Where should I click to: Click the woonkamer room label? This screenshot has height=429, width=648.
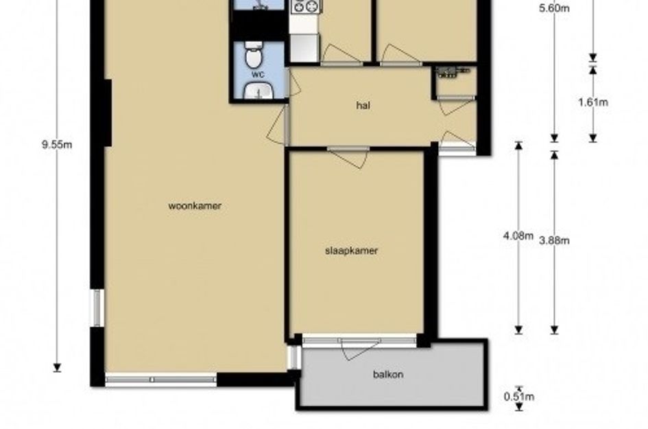click(195, 206)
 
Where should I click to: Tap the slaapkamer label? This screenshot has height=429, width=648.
click(351, 251)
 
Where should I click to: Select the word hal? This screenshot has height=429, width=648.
click(363, 106)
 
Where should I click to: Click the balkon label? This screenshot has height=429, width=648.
click(388, 375)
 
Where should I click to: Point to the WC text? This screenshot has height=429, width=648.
click(258, 75)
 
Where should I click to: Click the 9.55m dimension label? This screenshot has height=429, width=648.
click(57, 145)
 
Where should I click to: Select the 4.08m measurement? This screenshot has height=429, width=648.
click(518, 236)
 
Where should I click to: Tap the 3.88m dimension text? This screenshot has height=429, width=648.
click(554, 240)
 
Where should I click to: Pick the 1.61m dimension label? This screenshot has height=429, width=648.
click(593, 102)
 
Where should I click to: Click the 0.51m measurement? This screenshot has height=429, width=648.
click(519, 397)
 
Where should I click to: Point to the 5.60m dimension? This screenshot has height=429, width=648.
click(554, 8)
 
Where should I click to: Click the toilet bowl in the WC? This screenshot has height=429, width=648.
click(252, 55)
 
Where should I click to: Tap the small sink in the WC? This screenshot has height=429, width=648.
click(258, 91)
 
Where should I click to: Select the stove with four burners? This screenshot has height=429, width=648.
click(307, 7)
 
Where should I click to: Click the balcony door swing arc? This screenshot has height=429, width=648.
click(361, 350)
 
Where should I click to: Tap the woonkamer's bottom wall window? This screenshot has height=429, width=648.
click(161, 380)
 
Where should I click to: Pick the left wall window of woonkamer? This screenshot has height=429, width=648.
click(97, 308)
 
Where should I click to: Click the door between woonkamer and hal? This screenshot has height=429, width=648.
click(278, 124)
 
